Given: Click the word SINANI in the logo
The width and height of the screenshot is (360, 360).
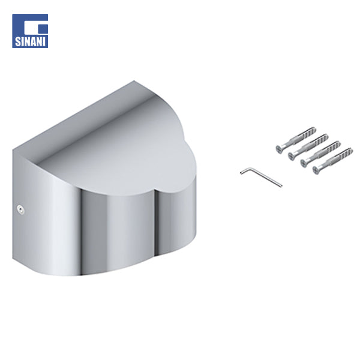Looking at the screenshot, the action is point(30,41).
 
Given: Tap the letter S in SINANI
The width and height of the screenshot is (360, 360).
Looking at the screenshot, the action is point(18,41).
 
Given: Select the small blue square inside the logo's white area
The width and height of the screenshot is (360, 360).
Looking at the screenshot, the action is point(43,28).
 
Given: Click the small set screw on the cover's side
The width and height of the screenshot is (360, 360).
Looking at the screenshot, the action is point(20,210).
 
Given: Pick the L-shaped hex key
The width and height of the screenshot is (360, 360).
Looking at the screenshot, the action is point(261,176).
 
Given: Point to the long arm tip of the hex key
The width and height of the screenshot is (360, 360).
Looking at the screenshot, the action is point(281,185).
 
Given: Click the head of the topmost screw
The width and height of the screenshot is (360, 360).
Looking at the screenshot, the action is point(280,149).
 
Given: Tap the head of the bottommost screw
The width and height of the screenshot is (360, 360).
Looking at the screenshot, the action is point(317,170).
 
